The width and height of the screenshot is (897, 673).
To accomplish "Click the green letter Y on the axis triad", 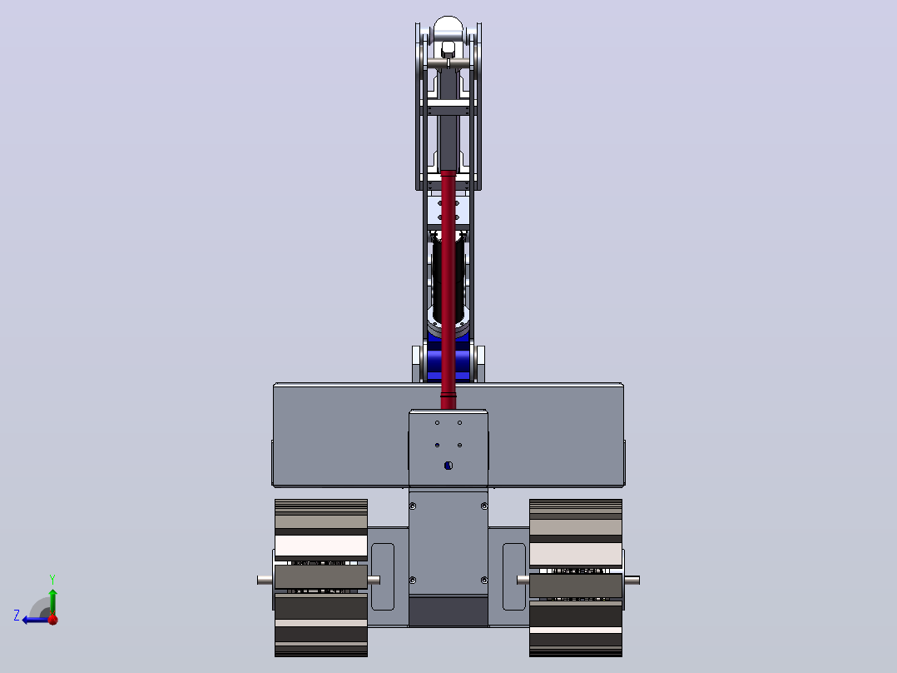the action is pyautogui.click(x=52, y=579).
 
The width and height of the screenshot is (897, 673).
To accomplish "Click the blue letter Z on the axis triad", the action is pyautogui.click(x=17, y=616).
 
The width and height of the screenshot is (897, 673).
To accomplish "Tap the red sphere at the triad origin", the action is pyautogui.click(x=52, y=619).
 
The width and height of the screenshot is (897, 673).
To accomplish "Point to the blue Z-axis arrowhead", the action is pyautogui.click(x=27, y=620).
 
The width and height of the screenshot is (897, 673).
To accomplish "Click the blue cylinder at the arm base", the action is pyautogui.click(x=448, y=361).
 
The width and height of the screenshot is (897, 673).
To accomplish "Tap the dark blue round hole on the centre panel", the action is pyautogui.click(x=448, y=466).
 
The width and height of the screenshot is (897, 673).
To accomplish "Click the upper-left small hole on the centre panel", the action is pyautogui.click(x=437, y=422).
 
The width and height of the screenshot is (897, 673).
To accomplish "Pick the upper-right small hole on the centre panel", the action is pyautogui.click(x=459, y=422).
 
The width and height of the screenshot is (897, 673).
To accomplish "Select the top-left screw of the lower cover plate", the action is pyautogui.click(x=413, y=506).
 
